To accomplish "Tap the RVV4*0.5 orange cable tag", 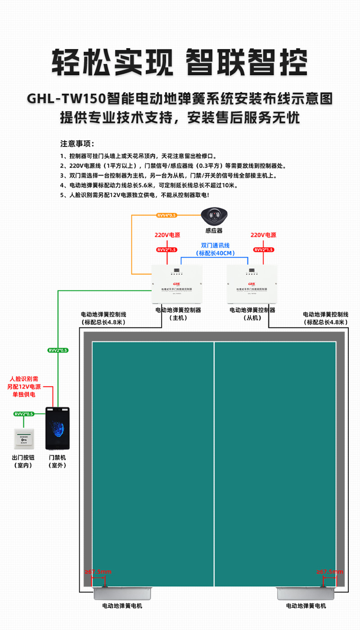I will click(x=166, y=216).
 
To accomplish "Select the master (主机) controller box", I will click(x=176, y=284).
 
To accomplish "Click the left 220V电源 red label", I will click(x=167, y=235).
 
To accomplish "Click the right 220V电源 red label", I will click(x=263, y=235).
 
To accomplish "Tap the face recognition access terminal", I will click(x=58, y=428).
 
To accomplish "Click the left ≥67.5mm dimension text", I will click(x=98, y=572).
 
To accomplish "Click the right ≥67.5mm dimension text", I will click(x=329, y=572).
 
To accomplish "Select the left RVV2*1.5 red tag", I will click(x=167, y=249).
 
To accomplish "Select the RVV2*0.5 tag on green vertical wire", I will click(x=58, y=350).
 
